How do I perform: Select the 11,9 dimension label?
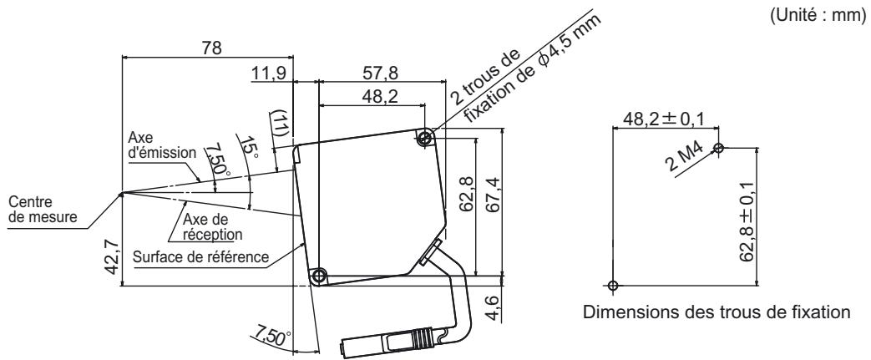tap(268, 73)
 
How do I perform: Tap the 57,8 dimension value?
tap(381, 73)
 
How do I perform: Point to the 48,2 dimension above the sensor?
tap(381, 97)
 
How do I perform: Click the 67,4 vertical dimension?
tap(493, 196)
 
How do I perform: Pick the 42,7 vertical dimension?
tap(113, 256)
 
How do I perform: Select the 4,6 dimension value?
tap(494, 308)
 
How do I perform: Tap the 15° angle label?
tap(248, 148)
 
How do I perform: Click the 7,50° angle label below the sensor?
tap(271, 337)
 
